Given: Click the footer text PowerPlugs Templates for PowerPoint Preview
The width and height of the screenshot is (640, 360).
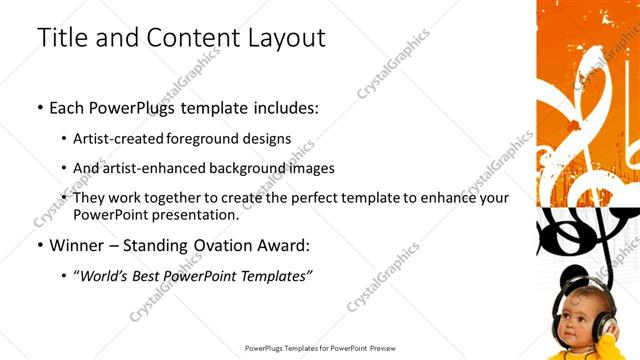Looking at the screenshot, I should (x=319, y=349).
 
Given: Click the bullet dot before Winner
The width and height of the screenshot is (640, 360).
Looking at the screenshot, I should (x=40, y=245).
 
